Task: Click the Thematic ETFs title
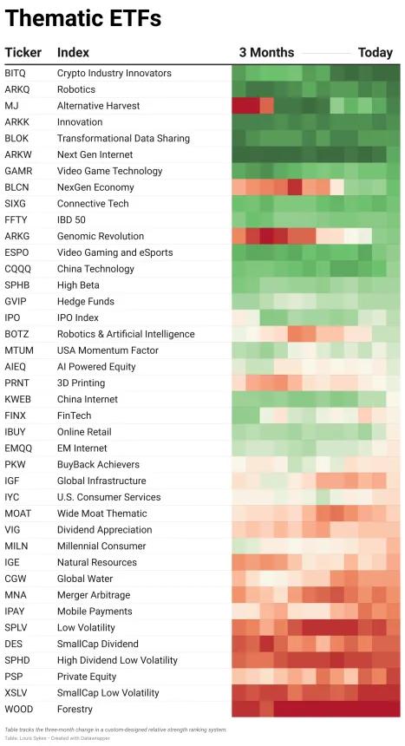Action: (x=83, y=18)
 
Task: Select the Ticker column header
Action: (x=23, y=52)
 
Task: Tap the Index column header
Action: (x=74, y=52)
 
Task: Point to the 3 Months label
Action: (x=266, y=52)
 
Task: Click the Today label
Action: (x=376, y=52)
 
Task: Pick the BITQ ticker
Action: (x=16, y=73)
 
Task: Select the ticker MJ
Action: (x=12, y=106)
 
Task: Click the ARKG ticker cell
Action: (x=17, y=236)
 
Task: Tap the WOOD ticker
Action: (x=19, y=709)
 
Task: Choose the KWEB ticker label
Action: (x=18, y=399)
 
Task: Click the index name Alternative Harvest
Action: (x=99, y=106)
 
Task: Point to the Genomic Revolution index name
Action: (x=101, y=236)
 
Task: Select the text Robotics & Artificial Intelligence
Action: (x=126, y=334)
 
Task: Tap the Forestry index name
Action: (x=75, y=710)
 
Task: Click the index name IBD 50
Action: (x=71, y=219)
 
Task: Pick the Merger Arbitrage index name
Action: (x=94, y=595)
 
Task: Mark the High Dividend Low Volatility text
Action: (x=117, y=660)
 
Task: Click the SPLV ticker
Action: (x=16, y=627)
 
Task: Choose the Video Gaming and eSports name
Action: (x=115, y=252)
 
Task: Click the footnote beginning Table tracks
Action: (x=115, y=730)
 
